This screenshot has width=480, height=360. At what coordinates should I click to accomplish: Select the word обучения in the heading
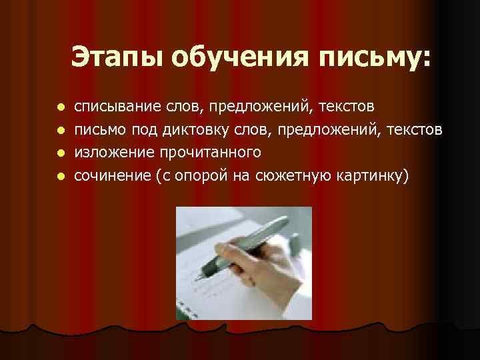coord(237,57)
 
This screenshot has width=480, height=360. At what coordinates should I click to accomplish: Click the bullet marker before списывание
coord(59,107)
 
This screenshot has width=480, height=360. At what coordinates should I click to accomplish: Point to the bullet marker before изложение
coord(59,153)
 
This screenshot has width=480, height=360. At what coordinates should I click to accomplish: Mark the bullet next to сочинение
coord(59,177)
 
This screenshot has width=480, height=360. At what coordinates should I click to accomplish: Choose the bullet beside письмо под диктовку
coord(59,130)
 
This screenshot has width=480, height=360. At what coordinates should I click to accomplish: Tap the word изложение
coord(114,153)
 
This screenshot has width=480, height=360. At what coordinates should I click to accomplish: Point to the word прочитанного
coord(210,153)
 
